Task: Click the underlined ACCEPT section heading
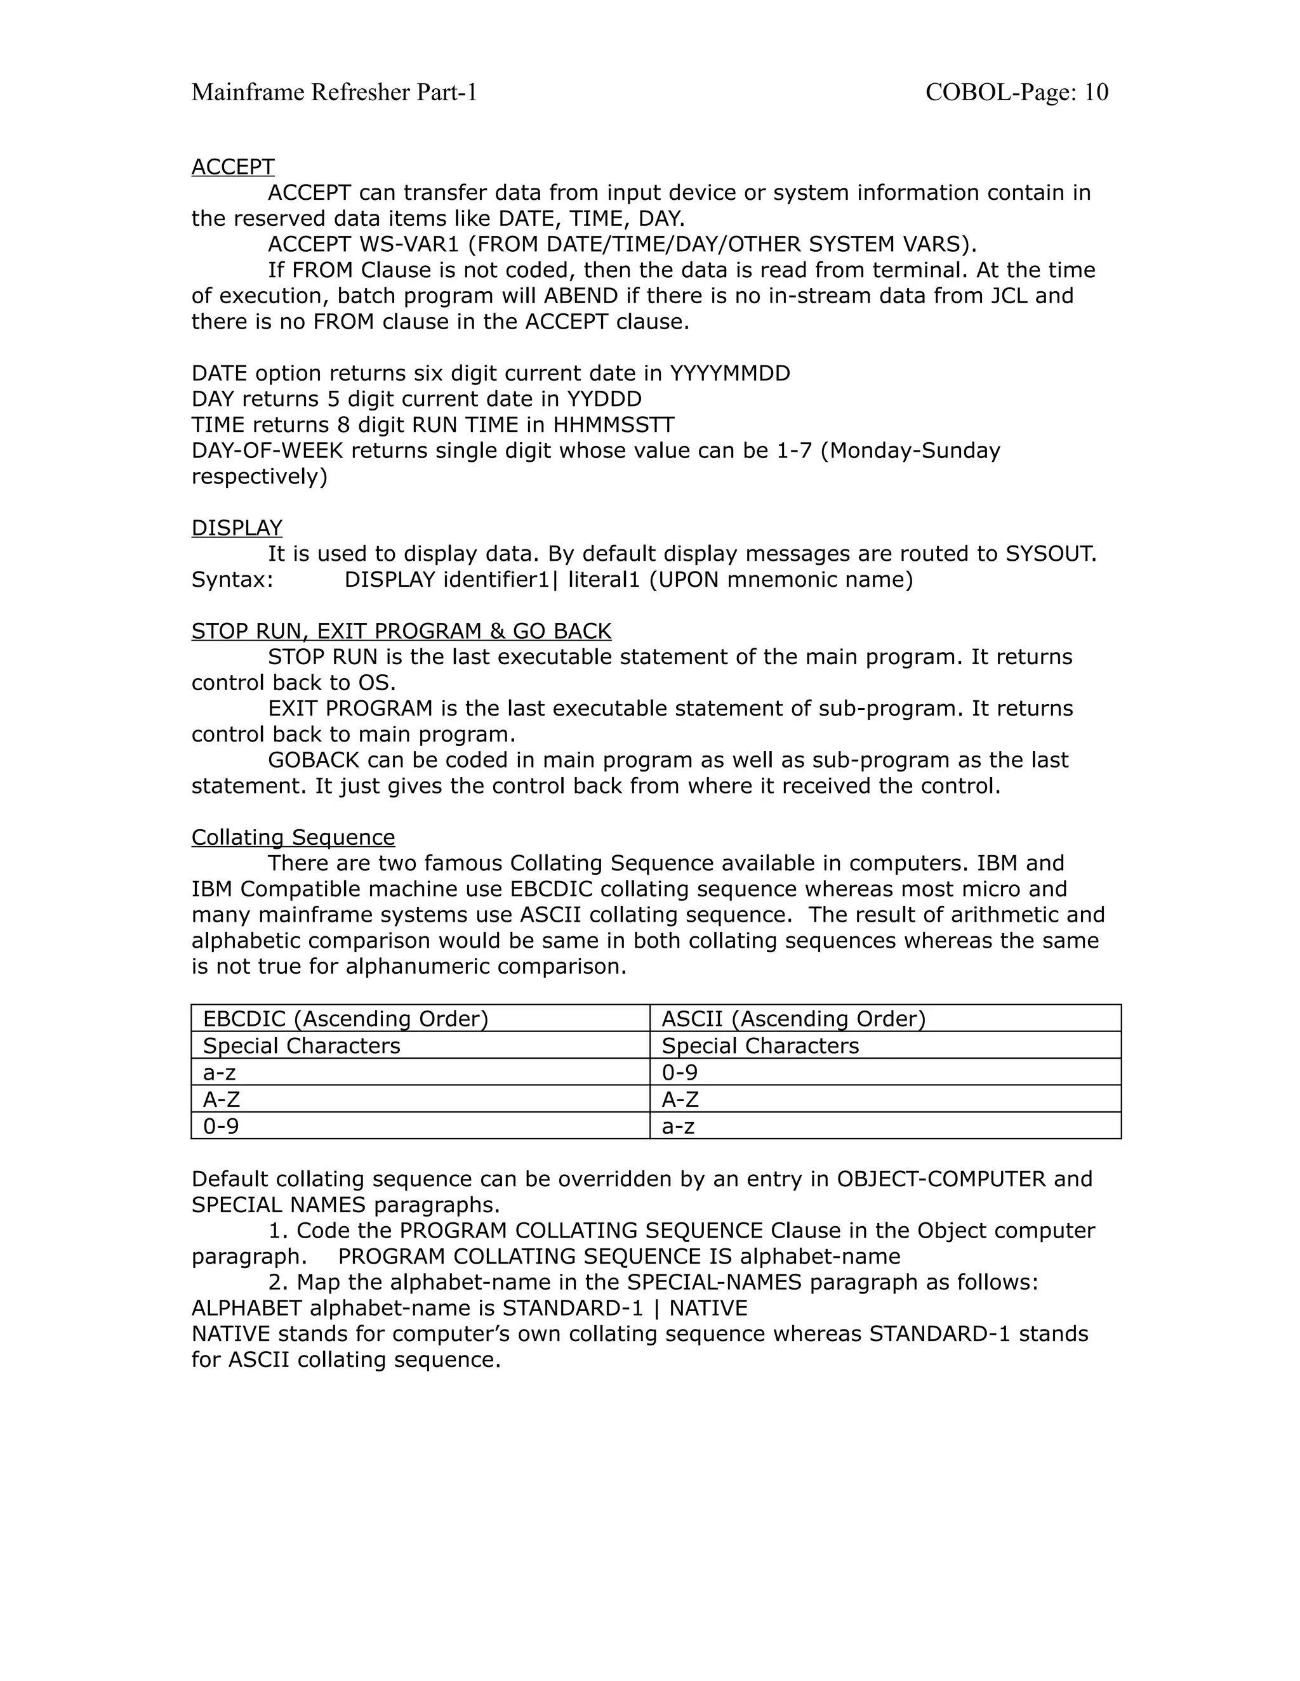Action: pyautogui.click(x=232, y=167)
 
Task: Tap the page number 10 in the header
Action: pyautogui.click(x=1096, y=93)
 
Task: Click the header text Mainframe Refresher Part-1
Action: pyautogui.click(x=335, y=93)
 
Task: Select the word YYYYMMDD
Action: pyautogui.click(x=729, y=373)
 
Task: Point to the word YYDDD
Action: pyautogui.click(x=604, y=399)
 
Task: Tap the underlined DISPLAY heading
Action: pyautogui.click(x=236, y=528)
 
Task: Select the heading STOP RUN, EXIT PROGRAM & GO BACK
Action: pyautogui.click(x=401, y=631)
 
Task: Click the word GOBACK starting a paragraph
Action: pyautogui.click(x=314, y=760)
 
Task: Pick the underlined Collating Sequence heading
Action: pyautogui.click(x=293, y=837)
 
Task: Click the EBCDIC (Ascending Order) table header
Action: pyautogui.click(x=346, y=1019)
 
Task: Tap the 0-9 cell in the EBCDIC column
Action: pyautogui.click(x=221, y=1126)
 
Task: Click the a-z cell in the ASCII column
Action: pyautogui.click(x=679, y=1126)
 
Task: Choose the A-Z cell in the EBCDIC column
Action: pyautogui.click(x=222, y=1099)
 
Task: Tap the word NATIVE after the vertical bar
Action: pyautogui.click(x=708, y=1308)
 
